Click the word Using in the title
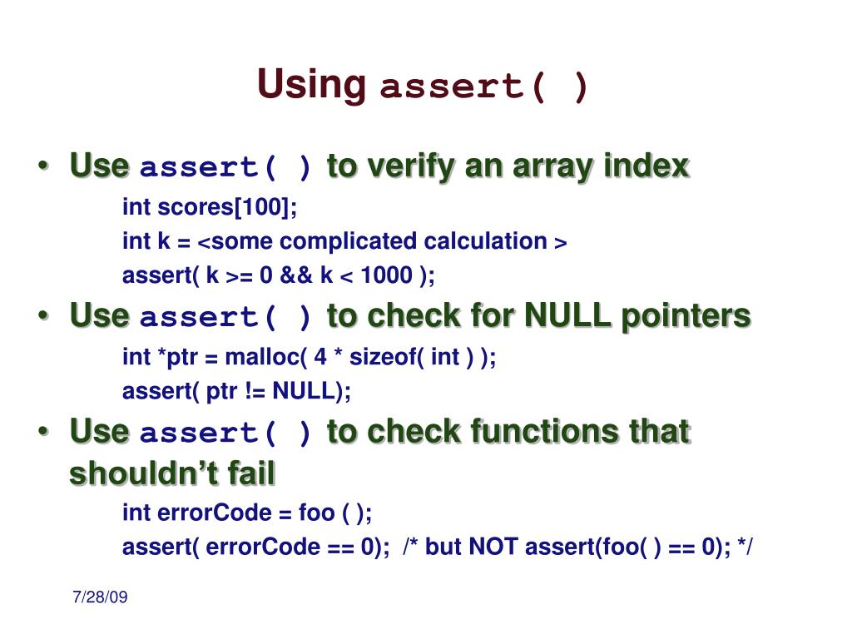pyautogui.click(x=311, y=84)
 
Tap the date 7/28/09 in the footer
pyautogui.click(x=100, y=597)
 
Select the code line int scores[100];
pyautogui.click(x=210, y=206)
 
